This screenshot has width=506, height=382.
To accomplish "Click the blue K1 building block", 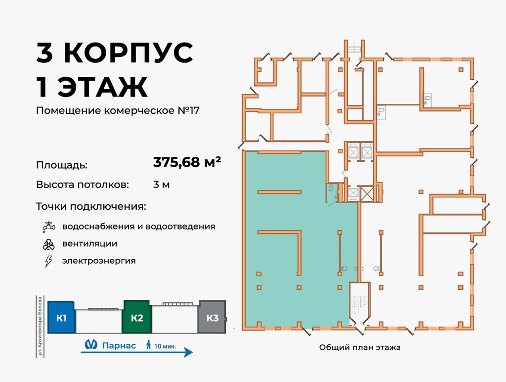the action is click(x=61, y=317).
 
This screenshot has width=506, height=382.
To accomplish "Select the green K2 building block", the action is click(x=137, y=317).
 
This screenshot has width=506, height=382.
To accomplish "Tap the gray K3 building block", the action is click(x=212, y=317).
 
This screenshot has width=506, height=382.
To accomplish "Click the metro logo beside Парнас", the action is click(x=90, y=345).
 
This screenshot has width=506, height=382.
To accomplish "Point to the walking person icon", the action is click(x=148, y=345).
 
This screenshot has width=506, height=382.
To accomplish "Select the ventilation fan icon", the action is click(x=48, y=244).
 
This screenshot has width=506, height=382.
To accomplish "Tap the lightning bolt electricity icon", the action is click(x=48, y=261).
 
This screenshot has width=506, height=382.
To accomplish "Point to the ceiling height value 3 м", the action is click(x=162, y=185).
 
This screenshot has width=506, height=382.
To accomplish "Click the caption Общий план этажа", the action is click(x=360, y=347).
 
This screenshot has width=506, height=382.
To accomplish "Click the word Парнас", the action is click(x=119, y=345).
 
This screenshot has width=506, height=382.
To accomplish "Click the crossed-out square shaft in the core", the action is click(x=367, y=193).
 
